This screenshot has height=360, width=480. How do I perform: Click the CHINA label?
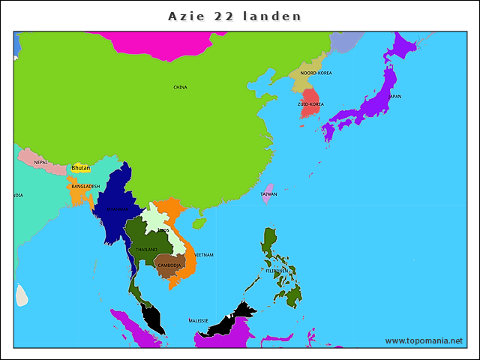(x=180, y=87)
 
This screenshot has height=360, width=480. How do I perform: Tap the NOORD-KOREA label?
(x=316, y=73)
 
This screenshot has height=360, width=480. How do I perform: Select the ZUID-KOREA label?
(x=310, y=104)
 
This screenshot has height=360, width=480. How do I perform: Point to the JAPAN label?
(x=394, y=96)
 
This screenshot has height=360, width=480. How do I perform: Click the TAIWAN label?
(x=268, y=194)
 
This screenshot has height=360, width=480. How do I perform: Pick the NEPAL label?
(x=40, y=162)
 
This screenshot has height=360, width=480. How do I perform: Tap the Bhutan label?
(x=80, y=168)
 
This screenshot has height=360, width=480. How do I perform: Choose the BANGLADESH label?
(x=85, y=186)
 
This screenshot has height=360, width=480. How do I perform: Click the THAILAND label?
(x=146, y=249)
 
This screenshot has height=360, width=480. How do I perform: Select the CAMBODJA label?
(x=169, y=265)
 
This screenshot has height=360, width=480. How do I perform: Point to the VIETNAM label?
(x=204, y=255)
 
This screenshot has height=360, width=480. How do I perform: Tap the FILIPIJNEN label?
(x=278, y=271)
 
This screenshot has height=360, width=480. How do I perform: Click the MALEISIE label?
(x=198, y=320)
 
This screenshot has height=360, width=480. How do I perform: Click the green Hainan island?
(x=199, y=223)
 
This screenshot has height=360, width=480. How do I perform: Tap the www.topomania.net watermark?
(x=424, y=340)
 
